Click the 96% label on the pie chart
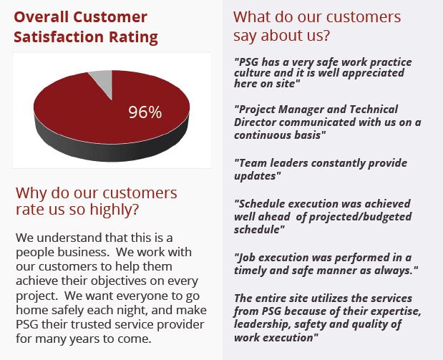coord(145,112)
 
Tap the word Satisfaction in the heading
coord(59,37)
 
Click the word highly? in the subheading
coord(114,210)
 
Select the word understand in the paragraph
coord(69,238)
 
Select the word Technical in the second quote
coord(374,110)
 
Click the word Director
coord(255,122)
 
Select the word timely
coord(250,271)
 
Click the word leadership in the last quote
coord(263,324)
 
